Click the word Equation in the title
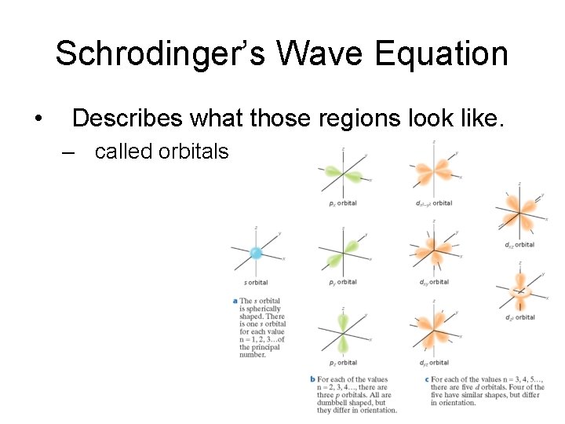click(x=442, y=54)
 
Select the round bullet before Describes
click(x=38, y=119)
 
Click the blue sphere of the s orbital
click(x=255, y=253)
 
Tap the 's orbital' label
click(x=255, y=283)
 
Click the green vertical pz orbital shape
click(x=343, y=333)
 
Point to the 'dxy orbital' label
click(x=433, y=282)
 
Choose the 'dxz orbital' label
click(x=519, y=245)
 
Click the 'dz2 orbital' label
click(x=519, y=317)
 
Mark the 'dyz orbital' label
click(x=433, y=363)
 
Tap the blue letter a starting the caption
click(x=235, y=301)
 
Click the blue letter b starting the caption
click(x=313, y=380)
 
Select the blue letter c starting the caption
click(x=426, y=380)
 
